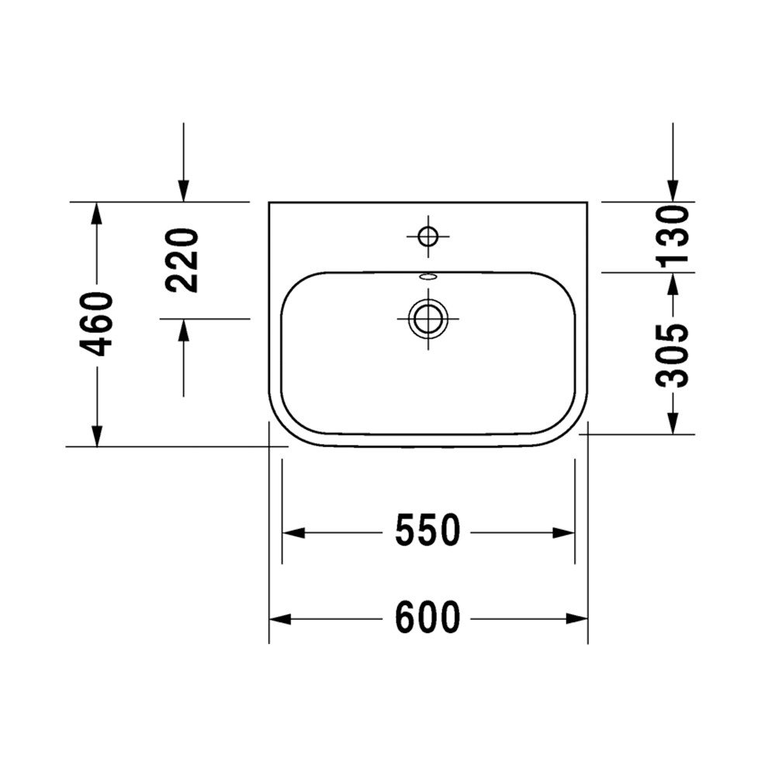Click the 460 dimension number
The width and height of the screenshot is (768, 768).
(96, 324)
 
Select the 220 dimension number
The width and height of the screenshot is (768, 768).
(182, 260)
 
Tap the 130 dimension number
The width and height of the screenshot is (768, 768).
(673, 237)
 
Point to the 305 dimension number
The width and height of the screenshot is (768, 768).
(673, 355)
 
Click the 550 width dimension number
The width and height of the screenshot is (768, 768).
(427, 530)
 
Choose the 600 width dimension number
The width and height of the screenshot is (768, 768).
(427, 617)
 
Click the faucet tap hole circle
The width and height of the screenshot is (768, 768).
(428, 237)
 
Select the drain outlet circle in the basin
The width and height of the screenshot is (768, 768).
(428, 318)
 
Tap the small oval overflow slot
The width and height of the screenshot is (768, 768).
(428, 277)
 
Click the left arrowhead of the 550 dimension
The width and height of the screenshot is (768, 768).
(293, 532)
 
